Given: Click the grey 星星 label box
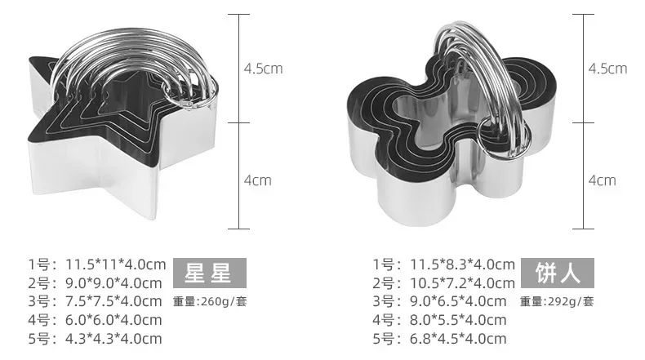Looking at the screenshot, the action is pos(210,273).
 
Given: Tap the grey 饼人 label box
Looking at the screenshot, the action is pos(558,273).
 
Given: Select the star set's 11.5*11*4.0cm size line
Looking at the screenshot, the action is pos(97,264).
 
